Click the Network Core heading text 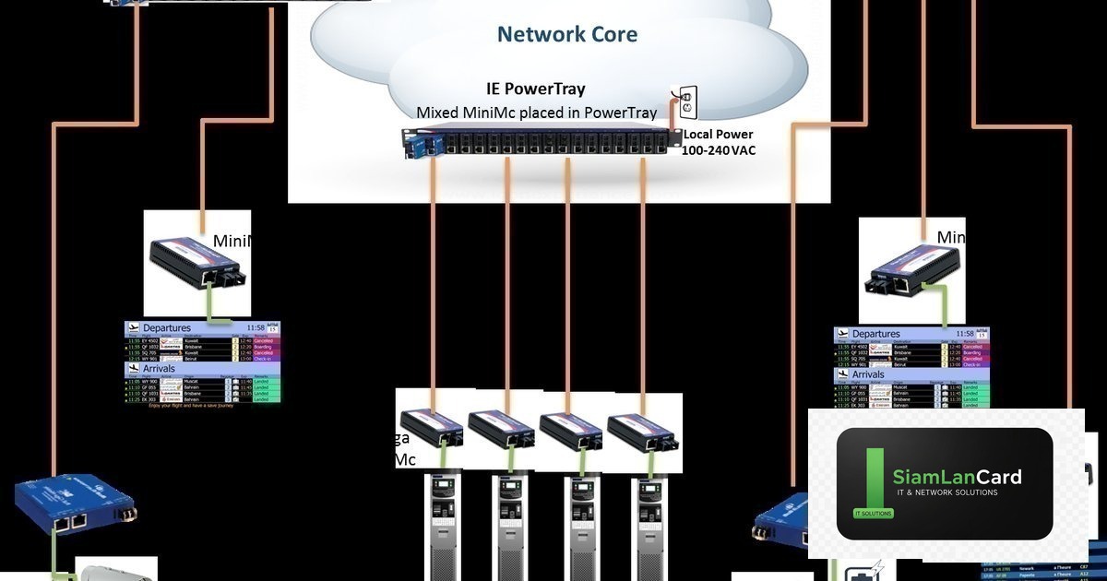566,35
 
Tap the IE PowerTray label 536,89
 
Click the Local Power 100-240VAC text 718,142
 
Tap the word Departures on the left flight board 167,327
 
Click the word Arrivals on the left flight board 160,368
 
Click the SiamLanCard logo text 957,477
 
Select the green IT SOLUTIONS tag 868,513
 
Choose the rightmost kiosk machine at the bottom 651,526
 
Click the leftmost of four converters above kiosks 430,428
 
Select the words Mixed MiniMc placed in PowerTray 536,113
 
